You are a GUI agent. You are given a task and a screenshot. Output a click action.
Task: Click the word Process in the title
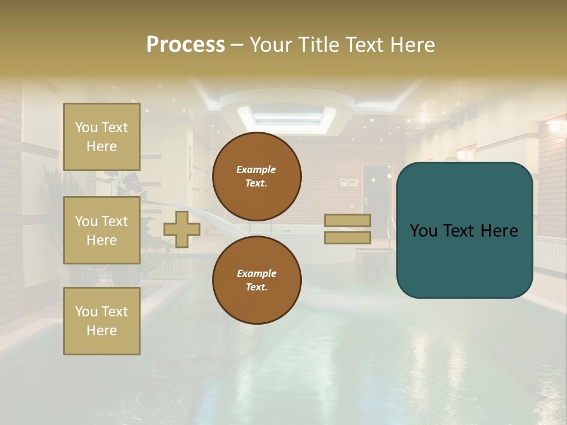coord(185,45)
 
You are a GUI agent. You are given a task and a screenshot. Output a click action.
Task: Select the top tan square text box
coord(102,137)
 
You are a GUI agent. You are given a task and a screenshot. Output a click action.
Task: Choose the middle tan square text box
coord(102,230)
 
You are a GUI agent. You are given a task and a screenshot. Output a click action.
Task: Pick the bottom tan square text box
coord(102,321)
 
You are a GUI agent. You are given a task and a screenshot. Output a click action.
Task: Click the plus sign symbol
coord(182,229)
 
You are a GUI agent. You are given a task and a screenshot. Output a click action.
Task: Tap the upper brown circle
coord(256,176)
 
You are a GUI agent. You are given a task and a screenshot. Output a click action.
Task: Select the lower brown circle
coord(256,280)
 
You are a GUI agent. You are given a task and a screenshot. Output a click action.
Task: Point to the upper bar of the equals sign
coord(348,220)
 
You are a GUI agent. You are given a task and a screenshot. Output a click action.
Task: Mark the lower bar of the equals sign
coord(348,237)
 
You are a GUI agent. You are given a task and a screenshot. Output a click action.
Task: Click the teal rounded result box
coord(464,230)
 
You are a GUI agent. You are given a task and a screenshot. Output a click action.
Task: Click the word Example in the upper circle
coord(256,169)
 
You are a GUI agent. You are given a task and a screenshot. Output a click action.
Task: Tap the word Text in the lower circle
coord(256,287)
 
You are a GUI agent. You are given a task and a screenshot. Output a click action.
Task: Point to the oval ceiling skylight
coord(287,116)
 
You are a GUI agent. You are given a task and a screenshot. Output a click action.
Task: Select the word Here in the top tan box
coord(102,146)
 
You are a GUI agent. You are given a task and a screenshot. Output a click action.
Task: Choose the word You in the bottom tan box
coord(86,312)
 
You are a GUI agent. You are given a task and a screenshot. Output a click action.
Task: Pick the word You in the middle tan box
coord(86,221)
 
